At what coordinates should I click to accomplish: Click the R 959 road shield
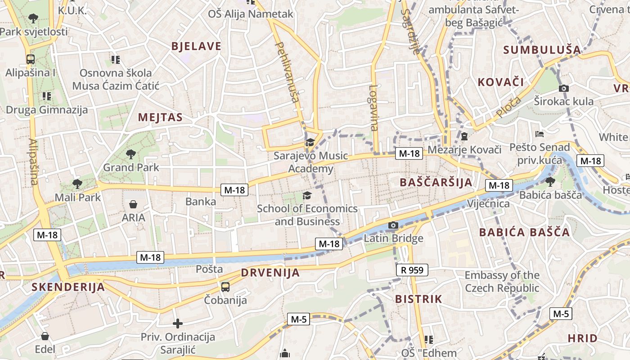pos(412,270)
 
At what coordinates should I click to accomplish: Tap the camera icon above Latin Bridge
pos(393,225)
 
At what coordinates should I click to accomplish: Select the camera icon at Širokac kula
pos(563,88)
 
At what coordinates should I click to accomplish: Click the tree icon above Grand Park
pos(131,154)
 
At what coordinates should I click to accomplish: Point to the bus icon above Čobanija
pos(225,287)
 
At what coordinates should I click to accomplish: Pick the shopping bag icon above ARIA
pos(133,204)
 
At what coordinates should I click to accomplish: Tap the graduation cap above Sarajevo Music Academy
pos(310,143)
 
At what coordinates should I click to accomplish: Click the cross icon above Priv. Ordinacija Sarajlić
pos(178,323)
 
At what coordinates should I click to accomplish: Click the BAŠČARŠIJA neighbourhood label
pos(436,182)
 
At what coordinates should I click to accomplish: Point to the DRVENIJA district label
pos(270,273)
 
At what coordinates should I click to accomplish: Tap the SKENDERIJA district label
pos(68,287)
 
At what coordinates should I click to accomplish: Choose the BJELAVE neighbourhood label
pos(197,46)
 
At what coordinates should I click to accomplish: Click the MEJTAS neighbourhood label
pos(160,117)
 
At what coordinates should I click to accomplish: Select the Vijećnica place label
pos(488,204)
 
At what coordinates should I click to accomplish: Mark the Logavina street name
pos(374,108)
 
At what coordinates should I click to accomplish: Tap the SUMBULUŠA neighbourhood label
pos(542,50)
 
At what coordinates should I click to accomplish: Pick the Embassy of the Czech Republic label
pos(502,281)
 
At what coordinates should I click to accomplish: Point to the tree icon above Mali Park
pos(77,184)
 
